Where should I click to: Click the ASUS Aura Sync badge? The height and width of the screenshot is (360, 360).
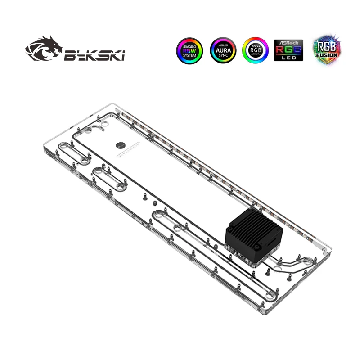223,50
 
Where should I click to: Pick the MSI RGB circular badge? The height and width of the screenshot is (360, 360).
255,50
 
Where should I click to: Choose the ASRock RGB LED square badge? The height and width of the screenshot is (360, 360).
288,50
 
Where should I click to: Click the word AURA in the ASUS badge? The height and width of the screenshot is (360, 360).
223,50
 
